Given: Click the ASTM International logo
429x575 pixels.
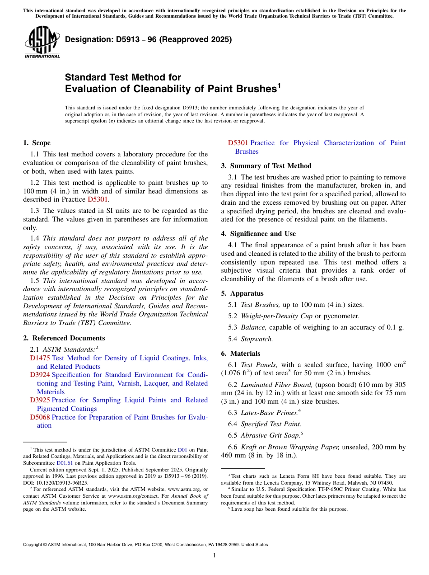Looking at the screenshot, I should coord(42,43).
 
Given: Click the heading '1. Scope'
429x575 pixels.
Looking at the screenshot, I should coord(37,143).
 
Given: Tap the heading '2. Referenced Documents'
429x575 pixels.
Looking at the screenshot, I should coord(64,338).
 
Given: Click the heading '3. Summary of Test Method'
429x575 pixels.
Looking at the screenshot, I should coord(266,166).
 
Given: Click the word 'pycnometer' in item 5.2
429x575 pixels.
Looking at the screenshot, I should coord(342,316).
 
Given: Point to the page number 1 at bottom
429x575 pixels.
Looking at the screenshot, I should coord(214,556).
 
